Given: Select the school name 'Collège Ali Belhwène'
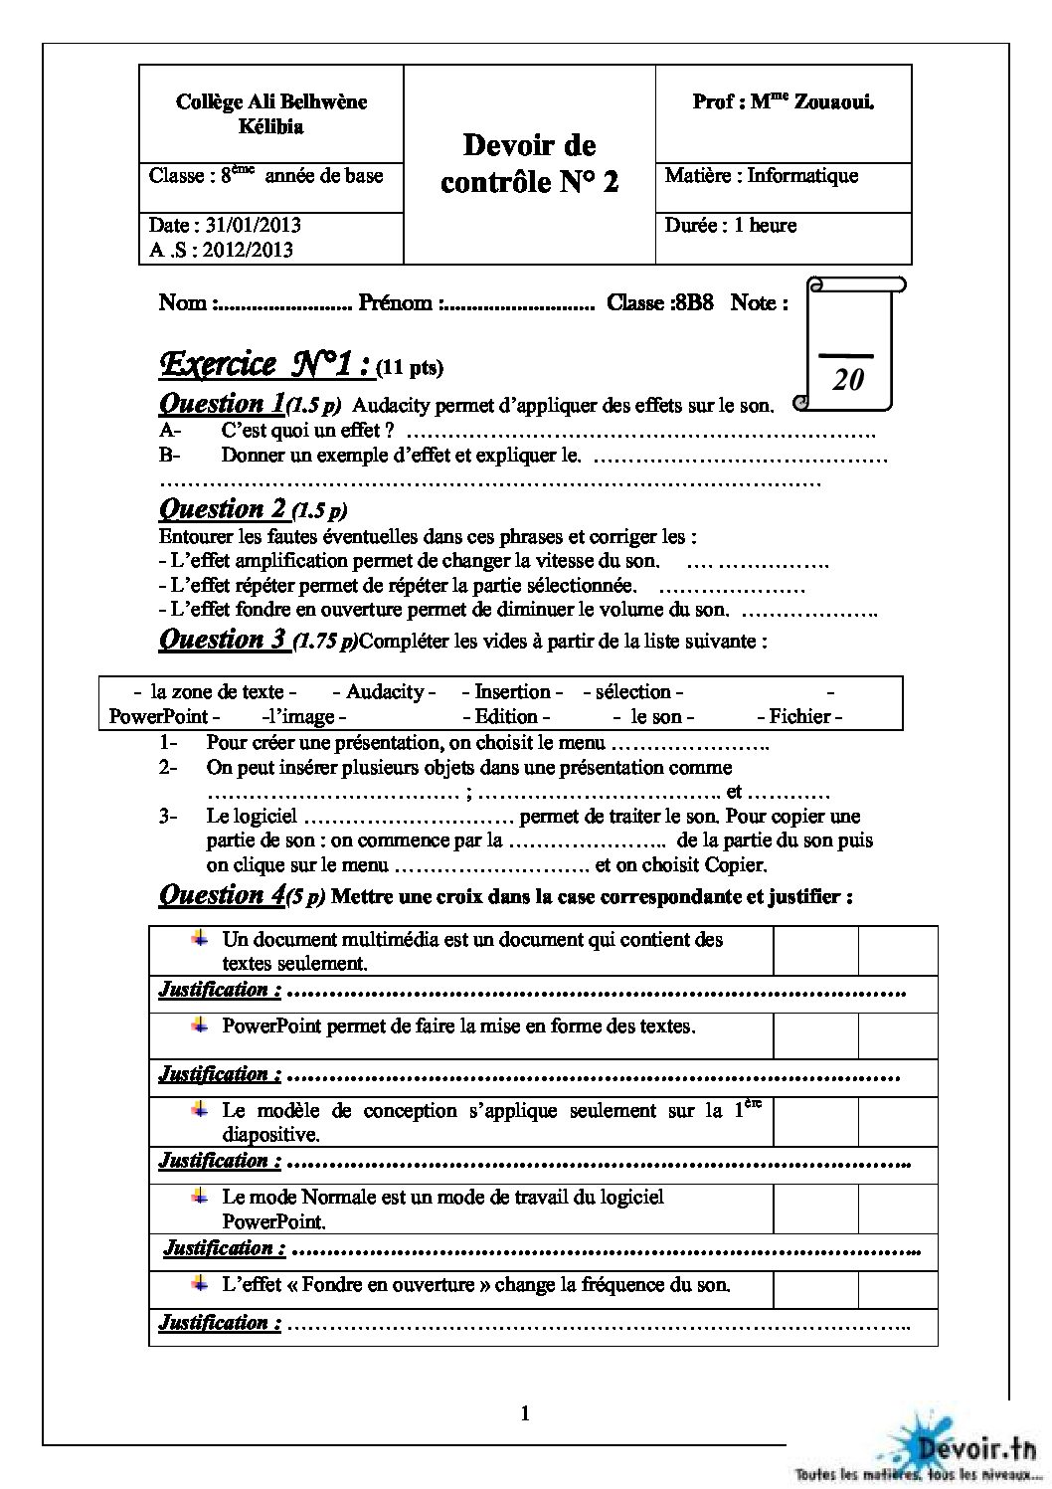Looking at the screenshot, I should pyautogui.click(x=271, y=101).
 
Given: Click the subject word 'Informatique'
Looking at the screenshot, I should pyautogui.click(x=802, y=176).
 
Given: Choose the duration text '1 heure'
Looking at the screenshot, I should pyautogui.click(x=765, y=226).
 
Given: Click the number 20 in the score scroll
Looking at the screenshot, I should pyautogui.click(x=848, y=379).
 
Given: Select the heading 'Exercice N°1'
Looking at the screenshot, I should pyautogui.click(x=265, y=365).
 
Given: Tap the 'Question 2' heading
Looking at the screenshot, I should pyautogui.click(x=224, y=509).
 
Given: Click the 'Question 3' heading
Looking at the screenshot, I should pyautogui.click(x=224, y=639).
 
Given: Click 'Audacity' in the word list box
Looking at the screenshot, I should pyautogui.click(x=385, y=691).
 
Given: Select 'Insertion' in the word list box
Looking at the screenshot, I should pyautogui.click(x=512, y=691).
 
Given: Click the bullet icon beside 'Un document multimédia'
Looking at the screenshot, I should pyautogui.click(x=201, y=938).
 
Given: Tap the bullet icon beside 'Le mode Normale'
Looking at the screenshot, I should pyautogui.click(x=201, y=1195).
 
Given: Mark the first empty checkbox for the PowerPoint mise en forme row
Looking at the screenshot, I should pyautogui.click(x=815, y=1035).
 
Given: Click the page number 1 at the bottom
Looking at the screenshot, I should pyautogui.click(x=525, y=1413).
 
